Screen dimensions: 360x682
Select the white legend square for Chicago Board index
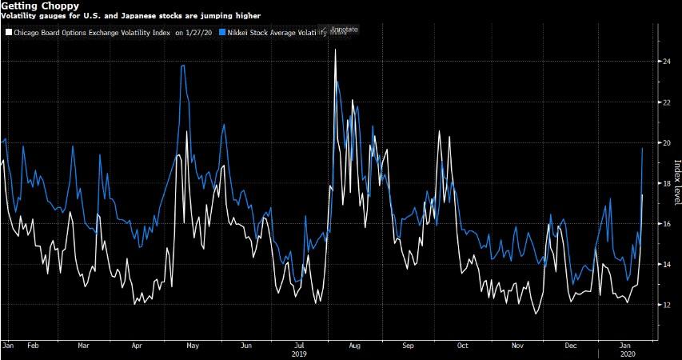[x=8, y=32]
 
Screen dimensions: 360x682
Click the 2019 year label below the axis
[x=299, y=353]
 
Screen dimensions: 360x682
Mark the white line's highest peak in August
[x=335, y=50]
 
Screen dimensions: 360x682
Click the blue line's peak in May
[x=184, y=66]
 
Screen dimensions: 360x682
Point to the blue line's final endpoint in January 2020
[x=643, y=148]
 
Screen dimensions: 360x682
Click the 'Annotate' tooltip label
[x=345, y=30]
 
